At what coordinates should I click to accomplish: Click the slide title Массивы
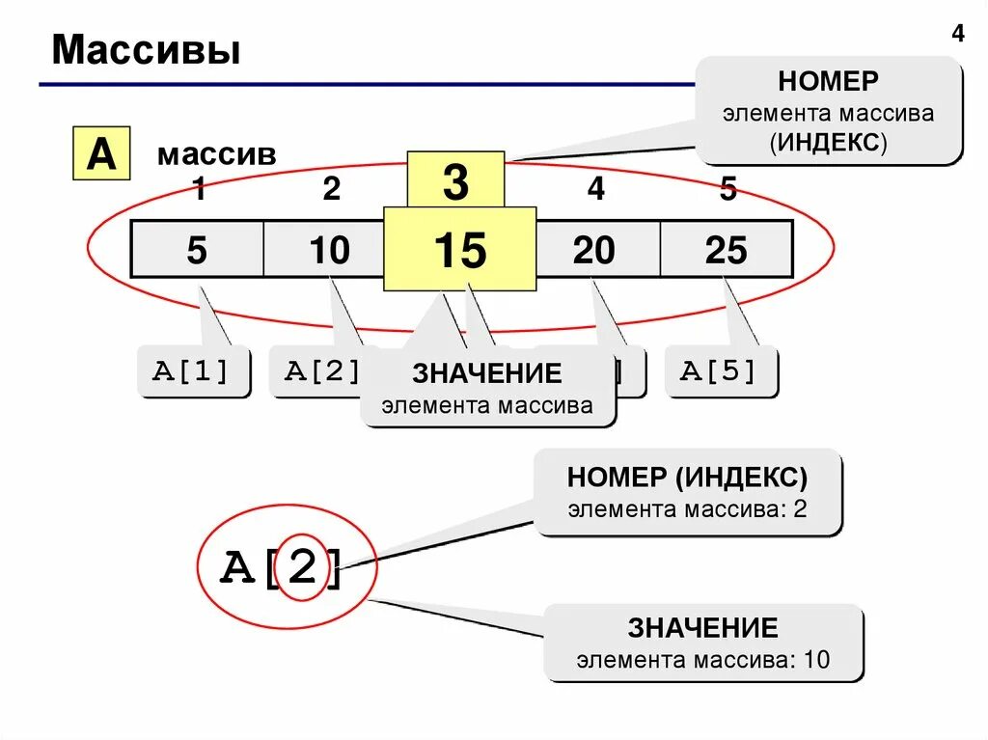click(147, 50)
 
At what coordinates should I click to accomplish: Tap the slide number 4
click(957, 35)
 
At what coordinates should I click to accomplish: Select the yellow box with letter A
click(101, 154)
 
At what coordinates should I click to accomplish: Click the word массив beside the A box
click(217, 155)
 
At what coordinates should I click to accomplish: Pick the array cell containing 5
click(197, 250)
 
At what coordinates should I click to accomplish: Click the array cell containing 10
click(329, 250)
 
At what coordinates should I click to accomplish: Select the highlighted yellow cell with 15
click(459, 250)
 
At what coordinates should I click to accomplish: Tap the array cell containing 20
click(593, 250)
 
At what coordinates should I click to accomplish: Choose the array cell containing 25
click(726, 250)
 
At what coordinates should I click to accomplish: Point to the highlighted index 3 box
click(455, 181)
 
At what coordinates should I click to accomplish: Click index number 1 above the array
click(199, 190)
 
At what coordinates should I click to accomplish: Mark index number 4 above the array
click(596, 190)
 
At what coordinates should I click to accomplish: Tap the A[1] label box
click(193, 371)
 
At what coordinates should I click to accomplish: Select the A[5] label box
click(720, 371)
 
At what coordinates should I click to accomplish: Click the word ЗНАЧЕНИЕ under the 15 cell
click(487, 373)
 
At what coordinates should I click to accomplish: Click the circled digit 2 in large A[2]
click(302, 568)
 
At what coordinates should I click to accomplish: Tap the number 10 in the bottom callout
click(816, 661)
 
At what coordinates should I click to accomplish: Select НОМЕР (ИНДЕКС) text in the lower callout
click(687, 477)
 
